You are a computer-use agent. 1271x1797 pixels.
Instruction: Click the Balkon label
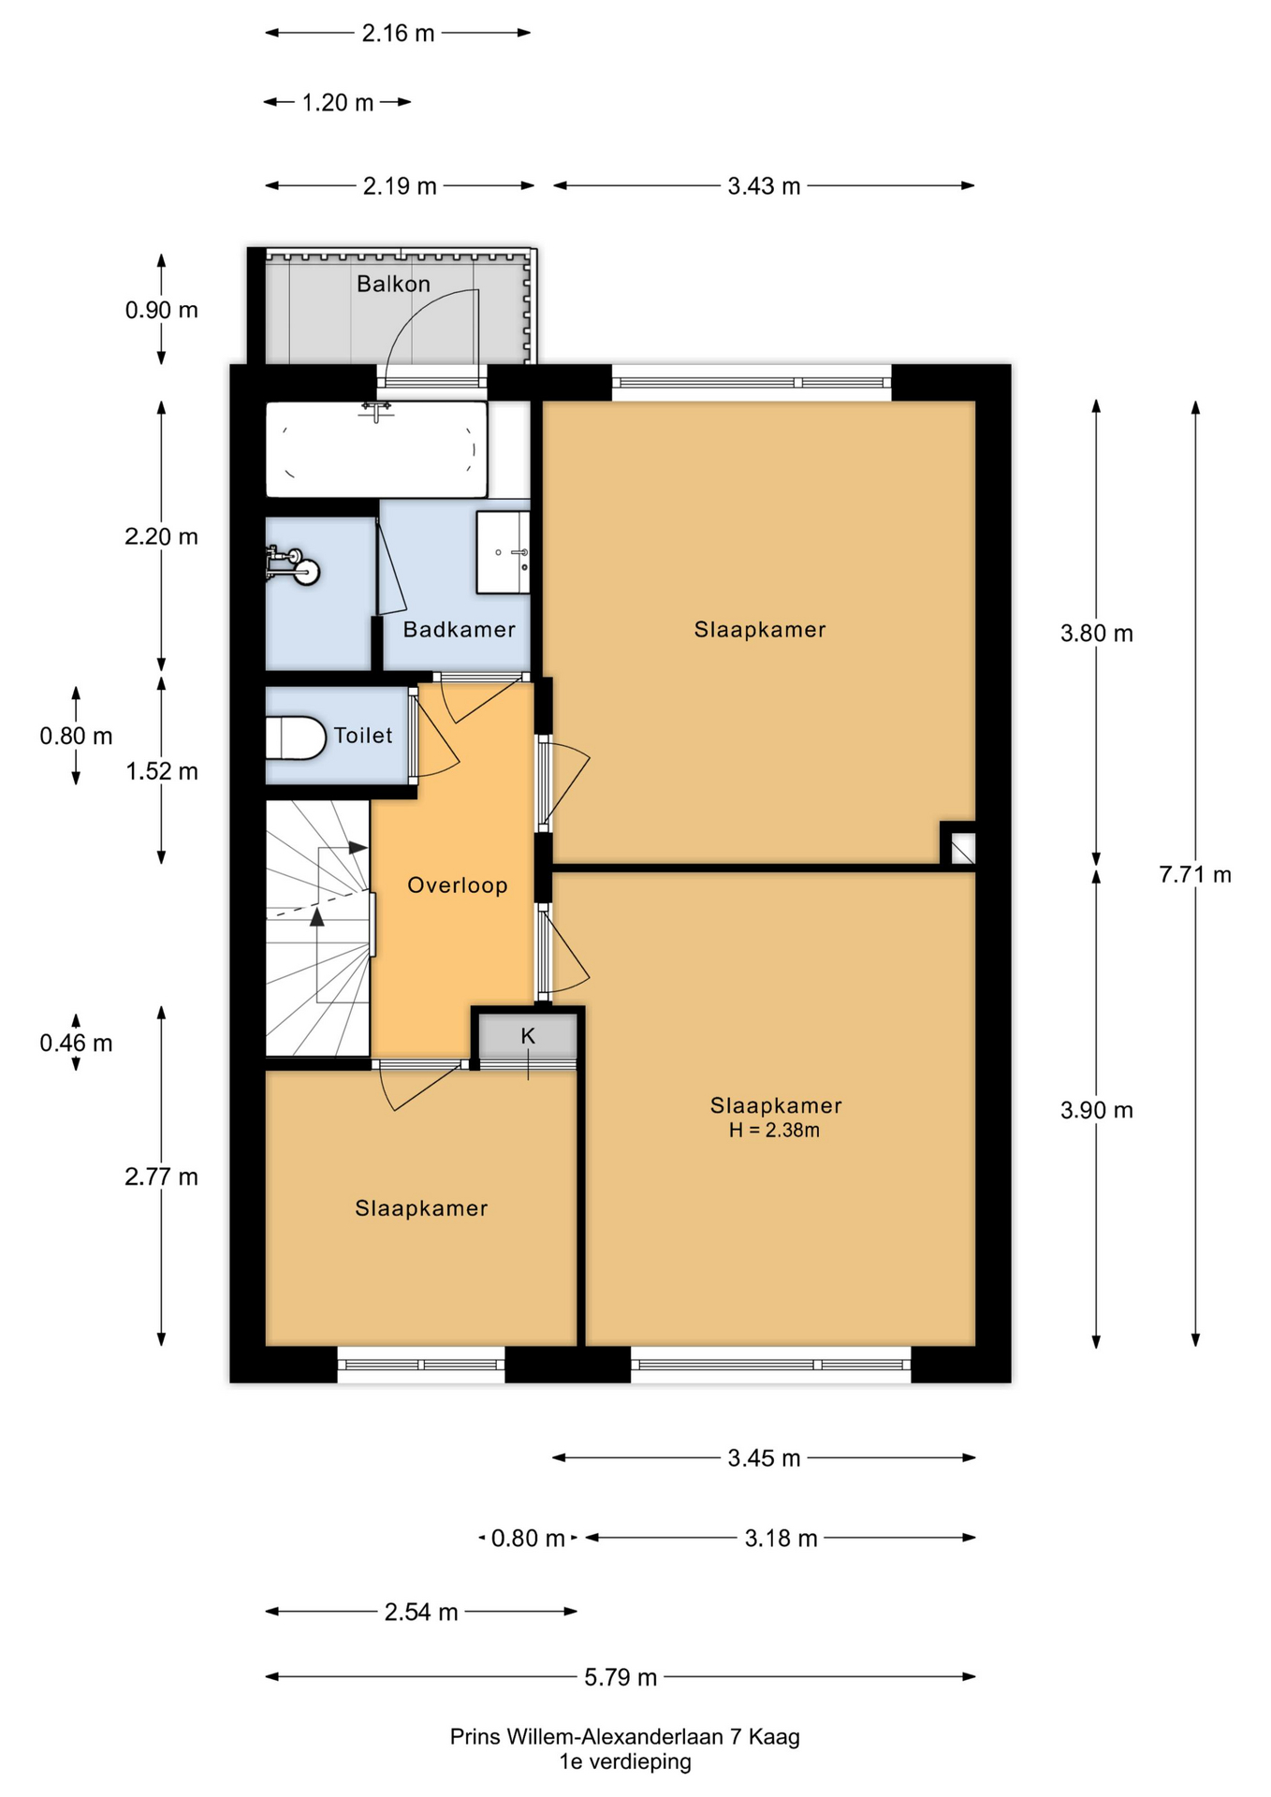click(x=393, y=284)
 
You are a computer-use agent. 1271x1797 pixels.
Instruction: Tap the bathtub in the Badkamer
click(x=376, y=449)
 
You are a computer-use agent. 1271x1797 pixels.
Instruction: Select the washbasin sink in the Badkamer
click(x=504, y=552)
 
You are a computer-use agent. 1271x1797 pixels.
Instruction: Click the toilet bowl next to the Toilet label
click(x=295, y=738)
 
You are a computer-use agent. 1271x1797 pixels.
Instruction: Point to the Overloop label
click(x=458, y=885)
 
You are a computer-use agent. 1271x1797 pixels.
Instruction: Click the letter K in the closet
click(x=528, y=1036)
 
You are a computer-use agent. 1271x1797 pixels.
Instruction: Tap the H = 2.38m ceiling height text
click(x=774, y=1131)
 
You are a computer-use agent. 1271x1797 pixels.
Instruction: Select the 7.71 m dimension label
click(x=1195, y=874)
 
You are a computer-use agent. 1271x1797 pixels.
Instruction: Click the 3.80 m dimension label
click(x=1096, y=634)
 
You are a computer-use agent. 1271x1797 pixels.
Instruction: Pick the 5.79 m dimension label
click(x=621, y=1677)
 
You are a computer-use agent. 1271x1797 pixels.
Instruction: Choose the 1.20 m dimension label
click(x=337, y=102)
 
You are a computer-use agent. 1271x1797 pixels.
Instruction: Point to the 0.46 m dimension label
click(x=76, y=1043)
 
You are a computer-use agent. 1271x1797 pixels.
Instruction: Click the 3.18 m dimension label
click(x=781, y=1539)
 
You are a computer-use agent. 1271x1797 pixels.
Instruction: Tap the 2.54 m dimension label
click(x=421, y=1612)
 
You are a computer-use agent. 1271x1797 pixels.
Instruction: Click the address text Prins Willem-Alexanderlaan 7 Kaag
click(x=625, y=1737)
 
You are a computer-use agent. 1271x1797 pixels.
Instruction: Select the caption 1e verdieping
click(x=625, y=1762)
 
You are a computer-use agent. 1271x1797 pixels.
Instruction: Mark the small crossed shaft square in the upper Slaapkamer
click(x=963, y=849)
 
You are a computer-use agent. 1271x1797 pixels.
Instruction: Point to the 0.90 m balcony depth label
click(x=161, y=310)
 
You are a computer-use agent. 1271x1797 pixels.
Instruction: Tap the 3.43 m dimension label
click(x=764, y=186)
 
